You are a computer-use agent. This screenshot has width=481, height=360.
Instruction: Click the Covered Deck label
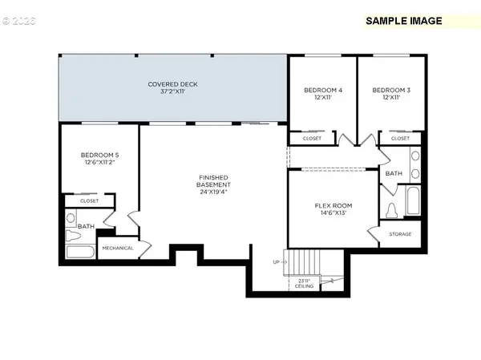[x=172, y=88]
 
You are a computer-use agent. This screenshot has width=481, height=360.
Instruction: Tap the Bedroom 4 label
[x=323, y=94]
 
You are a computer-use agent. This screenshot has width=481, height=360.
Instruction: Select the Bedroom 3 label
[x=391, y=94]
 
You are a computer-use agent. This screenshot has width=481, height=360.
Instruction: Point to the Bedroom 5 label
[x=100, y=159]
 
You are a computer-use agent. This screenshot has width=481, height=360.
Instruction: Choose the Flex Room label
[x=333, y=210]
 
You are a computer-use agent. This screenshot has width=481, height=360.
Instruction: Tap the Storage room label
[x=400, y=234]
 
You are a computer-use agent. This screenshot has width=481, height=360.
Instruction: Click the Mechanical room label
[x=117, y=248]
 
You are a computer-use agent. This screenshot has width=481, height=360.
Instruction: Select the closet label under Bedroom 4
[x=312, y=139]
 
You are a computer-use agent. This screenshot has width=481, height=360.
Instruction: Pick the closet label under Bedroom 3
[x=400, y=139]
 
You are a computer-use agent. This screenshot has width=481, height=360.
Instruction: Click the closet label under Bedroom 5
[x=89, y=201]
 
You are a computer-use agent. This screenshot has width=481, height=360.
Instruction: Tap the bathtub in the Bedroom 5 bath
[x=79, y=253]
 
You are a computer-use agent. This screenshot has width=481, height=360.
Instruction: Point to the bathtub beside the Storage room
[x=413, y=200]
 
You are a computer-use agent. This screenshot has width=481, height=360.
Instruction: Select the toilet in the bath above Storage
[x=392, y=210]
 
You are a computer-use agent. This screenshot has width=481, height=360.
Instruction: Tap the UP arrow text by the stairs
[x=277, y=262]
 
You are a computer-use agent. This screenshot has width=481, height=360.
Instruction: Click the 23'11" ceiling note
[x=305, y=283]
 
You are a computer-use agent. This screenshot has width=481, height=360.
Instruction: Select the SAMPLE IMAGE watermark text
[x=403, y=21]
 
